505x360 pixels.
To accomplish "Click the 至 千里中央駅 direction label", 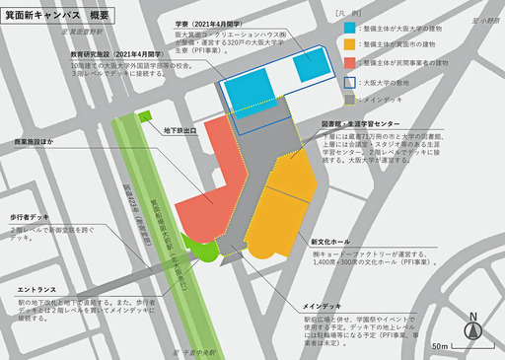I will pyautogui.click(x=195, y=352).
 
